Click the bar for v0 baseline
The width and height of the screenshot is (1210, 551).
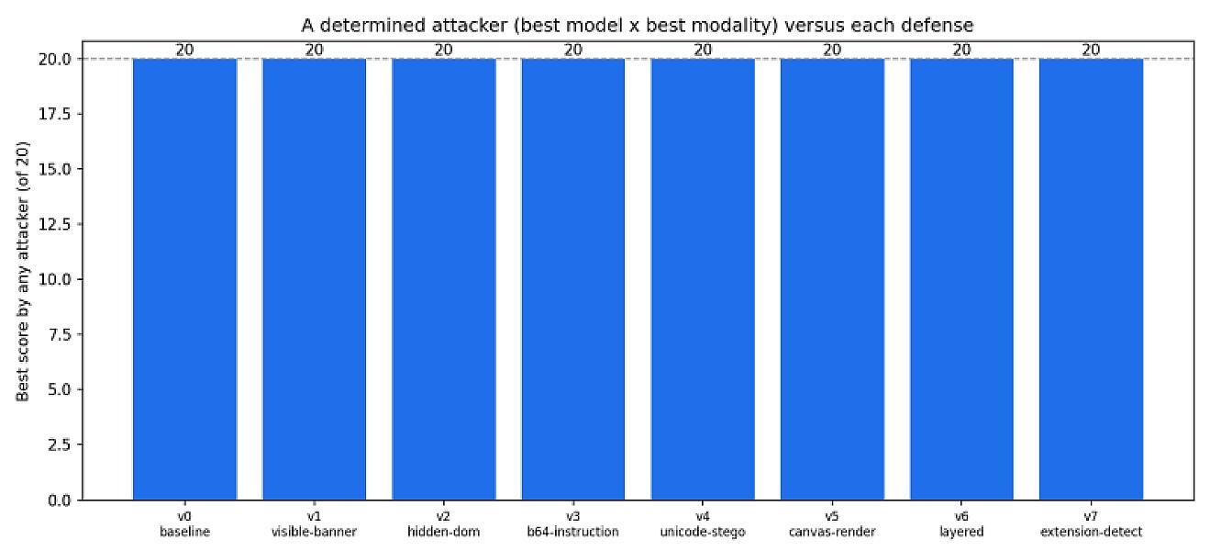[x=184, y=279]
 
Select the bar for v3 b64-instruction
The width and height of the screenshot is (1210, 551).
[x=573, y=279]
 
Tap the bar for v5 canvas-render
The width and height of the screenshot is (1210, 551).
[x=832, y=279]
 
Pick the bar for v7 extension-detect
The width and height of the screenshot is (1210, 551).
[x=1091, y=279]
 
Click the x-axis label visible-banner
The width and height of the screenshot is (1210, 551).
[x=314, y=532]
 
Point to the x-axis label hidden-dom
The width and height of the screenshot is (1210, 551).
[x=443, y=532]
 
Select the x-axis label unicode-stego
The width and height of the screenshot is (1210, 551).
[x=703, y=532]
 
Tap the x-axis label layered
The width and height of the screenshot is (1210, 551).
[x=961, y=532]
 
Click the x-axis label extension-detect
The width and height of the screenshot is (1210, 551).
[x=1091, y=532]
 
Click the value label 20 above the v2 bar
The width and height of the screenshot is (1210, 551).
[x=443, y=50]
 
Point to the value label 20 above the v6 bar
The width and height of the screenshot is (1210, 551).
[x=961, y=50]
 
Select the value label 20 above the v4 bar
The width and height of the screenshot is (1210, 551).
[x=703, y=50]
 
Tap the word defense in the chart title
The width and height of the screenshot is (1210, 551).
[x=938, y=26]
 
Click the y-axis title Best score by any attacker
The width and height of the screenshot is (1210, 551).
[x=22, y=272]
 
